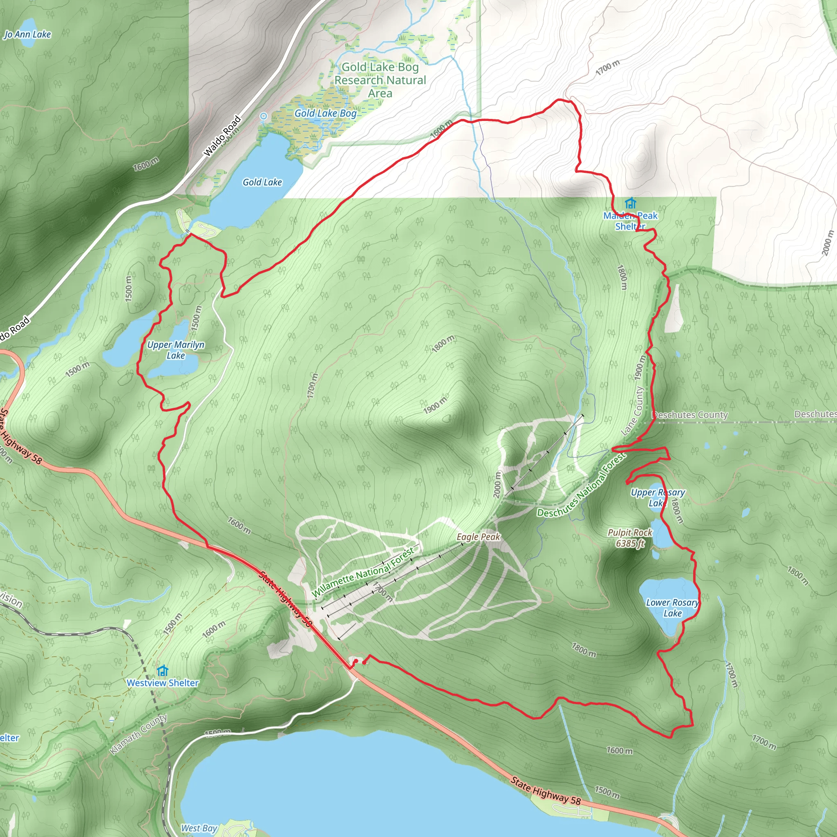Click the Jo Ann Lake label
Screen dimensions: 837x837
tap(28, 34)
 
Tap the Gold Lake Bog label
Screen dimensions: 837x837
tap(325, 114)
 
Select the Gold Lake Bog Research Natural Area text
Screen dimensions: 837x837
tap(380, 80)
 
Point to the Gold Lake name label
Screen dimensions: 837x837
tap(262, 182)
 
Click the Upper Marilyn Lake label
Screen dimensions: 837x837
tap(175, 350)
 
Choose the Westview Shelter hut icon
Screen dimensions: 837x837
tap(163, 671)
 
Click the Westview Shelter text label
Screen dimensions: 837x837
tap(163, 683)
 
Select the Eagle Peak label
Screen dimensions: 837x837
tap(478, 537)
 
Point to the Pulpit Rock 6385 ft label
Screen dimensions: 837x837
tap(630, 538)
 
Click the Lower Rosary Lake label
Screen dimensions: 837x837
tap(672, 608)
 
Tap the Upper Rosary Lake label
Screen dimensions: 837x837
tap(657, 498)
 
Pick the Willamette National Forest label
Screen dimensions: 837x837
tap(363, 573)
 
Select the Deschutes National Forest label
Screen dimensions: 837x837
tap(582, 486)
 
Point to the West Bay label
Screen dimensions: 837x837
tap(199, 828)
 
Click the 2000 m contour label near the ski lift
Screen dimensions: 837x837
tap(497, 484)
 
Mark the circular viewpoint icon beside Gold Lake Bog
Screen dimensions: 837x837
tap(264, 116)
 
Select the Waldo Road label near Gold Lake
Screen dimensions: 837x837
tap(222, 136)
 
